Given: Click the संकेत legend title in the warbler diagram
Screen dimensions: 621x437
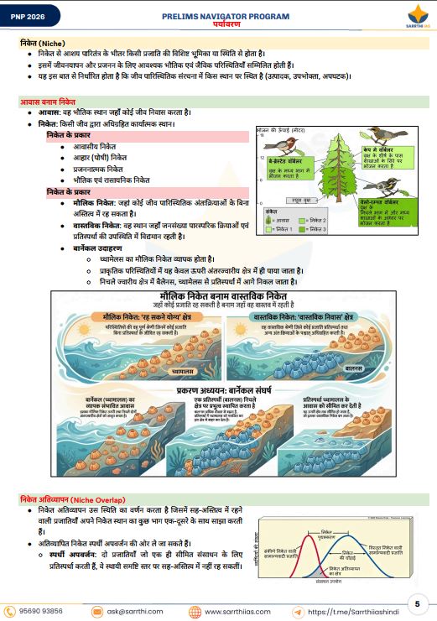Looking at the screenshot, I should point(273,213).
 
